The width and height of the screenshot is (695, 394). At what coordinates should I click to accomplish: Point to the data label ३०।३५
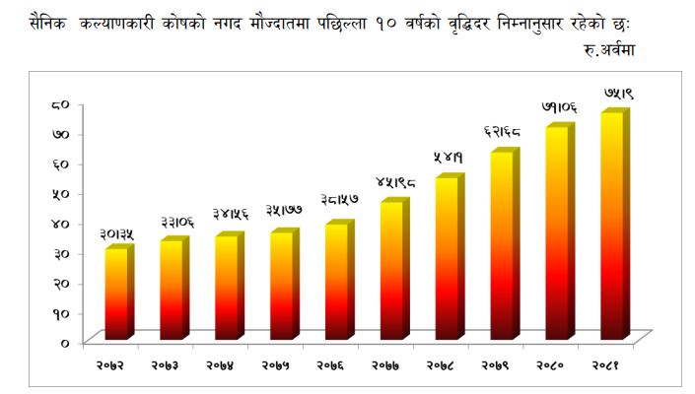pyautogui.click(x=116, y=234)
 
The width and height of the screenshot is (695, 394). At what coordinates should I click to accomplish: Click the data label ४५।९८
pyautogui.click(x=396, y=181)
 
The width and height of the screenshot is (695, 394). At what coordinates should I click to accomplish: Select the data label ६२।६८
pyautogui.click(x=502, y=131)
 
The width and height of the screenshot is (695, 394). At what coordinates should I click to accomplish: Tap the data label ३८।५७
pyautogui.click(x=340, y=200)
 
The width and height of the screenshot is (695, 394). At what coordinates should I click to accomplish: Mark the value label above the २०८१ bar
pyautogui.click(x=619, y=94)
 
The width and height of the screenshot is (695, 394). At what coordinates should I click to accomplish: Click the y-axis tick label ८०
pyautogui.click(x=60, y=105)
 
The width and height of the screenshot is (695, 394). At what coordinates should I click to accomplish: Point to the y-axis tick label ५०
pyautogui.click(x=60, y=194)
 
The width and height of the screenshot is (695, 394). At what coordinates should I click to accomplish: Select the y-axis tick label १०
pyautogui.click(x=61, y=313)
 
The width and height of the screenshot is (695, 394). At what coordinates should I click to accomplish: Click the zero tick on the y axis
pyautogui.click(x=65, y=344)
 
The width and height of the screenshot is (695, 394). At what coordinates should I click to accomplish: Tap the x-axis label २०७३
pyautogui.click(x=165, y=365)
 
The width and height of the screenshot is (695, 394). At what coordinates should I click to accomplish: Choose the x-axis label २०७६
pyautogui.click(x=330, y=365)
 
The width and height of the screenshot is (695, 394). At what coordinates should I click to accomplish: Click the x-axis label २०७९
pyautogui.click(x=495, y=365)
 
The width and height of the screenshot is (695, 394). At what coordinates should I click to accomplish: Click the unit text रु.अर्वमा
pyautogui.click(x=609, y=49)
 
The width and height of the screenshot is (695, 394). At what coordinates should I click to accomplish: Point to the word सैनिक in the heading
pyautogui.click(x=47, y=22)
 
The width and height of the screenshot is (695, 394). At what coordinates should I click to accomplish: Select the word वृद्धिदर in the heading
pyautogui.click(x=469, y=23)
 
